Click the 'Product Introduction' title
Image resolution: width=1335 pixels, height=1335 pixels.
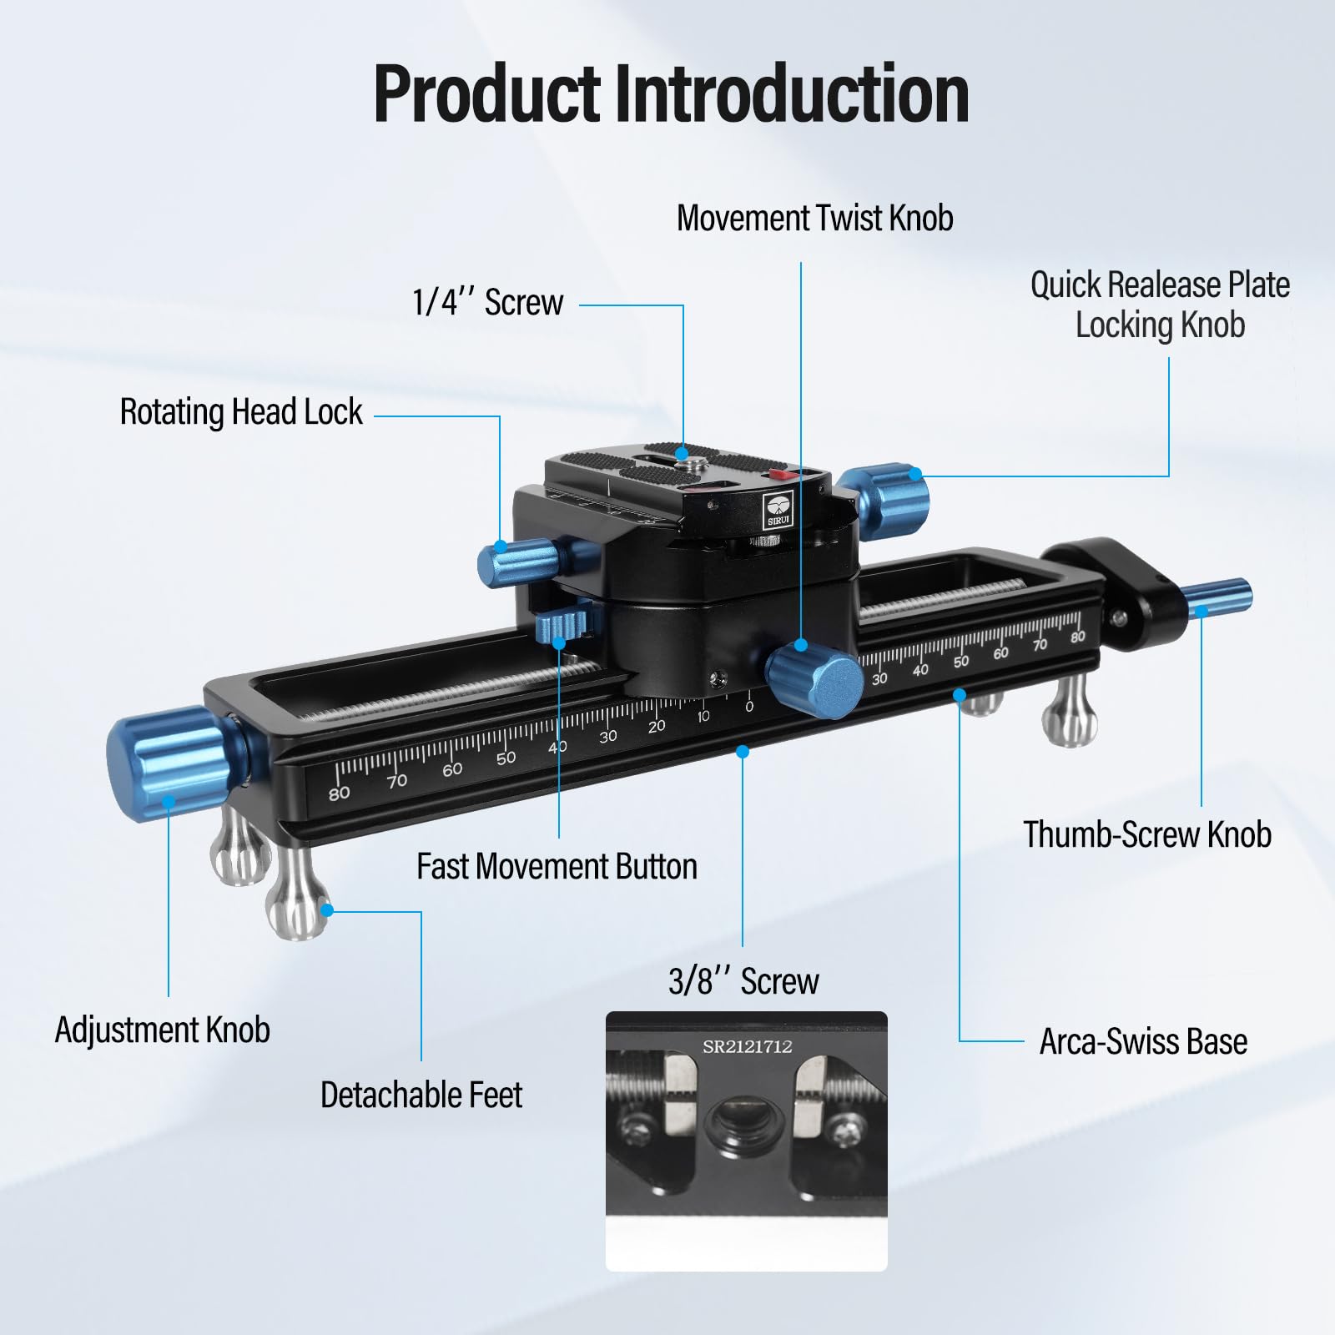[671, 93]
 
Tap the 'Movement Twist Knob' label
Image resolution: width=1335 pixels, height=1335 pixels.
[814, 218]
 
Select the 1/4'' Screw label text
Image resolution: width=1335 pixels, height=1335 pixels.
[488, 302]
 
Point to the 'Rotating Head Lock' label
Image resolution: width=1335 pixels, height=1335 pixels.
[241, 411]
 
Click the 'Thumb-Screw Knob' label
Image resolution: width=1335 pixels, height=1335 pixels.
[1147, 834]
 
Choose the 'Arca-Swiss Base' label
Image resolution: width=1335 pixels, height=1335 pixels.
[1143, 1041]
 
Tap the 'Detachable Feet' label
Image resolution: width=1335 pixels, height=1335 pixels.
[421, 1095]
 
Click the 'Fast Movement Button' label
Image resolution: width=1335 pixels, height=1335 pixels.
[557, 866]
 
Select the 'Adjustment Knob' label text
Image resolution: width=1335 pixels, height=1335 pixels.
[163, 1030]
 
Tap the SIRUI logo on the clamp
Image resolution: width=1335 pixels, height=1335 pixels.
[778, 510]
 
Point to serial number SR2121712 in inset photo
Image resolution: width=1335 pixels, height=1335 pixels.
[747, 1046]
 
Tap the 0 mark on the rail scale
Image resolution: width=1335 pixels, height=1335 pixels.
[748, 706]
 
